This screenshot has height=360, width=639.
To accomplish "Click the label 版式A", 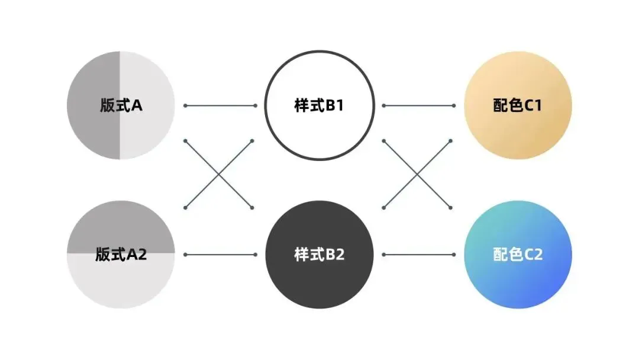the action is coord(121,105).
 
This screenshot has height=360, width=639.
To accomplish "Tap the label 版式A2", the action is coord(121,255).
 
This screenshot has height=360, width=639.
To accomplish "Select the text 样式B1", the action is coord(319,105).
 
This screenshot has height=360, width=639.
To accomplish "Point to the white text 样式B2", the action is coord(319,255).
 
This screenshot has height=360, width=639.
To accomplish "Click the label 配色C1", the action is coord(517,105).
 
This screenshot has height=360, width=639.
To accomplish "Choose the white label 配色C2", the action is coord(517,255).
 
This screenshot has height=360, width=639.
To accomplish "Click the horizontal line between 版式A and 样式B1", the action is coord(220,106).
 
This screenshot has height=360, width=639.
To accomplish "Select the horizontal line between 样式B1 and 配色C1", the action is coord(418,106).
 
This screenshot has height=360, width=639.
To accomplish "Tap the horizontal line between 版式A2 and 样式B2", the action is coord(220,255).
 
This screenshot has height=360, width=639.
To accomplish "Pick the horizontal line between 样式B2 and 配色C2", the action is coord(418,255).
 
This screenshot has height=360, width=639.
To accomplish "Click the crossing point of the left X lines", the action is coord(220,174).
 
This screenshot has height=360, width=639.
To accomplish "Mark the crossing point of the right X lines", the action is coord(418,174).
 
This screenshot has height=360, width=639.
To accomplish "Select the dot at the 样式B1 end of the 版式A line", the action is coord(255,106).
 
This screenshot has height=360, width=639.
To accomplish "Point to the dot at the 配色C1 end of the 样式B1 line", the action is coord(453,106).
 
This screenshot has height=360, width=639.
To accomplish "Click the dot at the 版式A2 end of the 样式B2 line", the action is coord(185,255).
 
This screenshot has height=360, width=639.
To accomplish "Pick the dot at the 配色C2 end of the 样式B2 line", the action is coord(453,255).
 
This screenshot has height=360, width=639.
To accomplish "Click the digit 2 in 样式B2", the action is coord(339,255).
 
